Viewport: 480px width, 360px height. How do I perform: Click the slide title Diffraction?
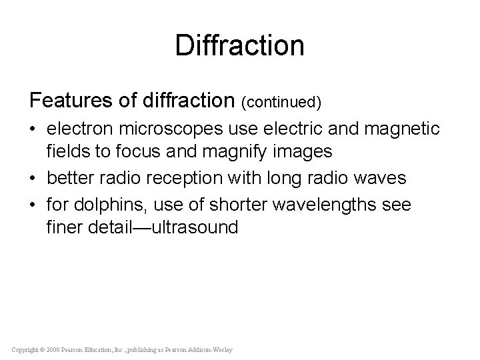[x=240, y=45]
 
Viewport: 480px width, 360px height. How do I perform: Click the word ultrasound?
[x=195, y=227]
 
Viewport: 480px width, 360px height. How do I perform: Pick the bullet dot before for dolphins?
[x=34, y=204]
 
